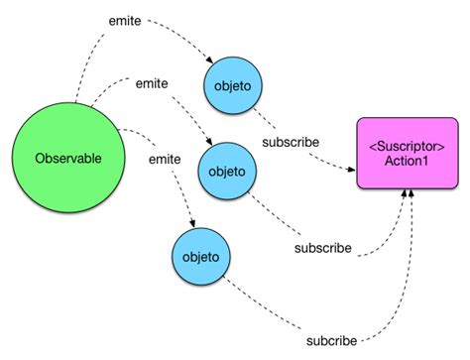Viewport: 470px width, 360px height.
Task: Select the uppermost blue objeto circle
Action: pyautogui.click(x=232, y=86)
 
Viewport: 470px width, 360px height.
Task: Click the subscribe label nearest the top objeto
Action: pyautogui.click(x=291, y=142)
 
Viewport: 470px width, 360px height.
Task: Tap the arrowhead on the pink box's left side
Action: pyautogui.click(x=354, y=170)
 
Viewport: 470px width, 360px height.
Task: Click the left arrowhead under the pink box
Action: pyautogui.click(x=403, y=198)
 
